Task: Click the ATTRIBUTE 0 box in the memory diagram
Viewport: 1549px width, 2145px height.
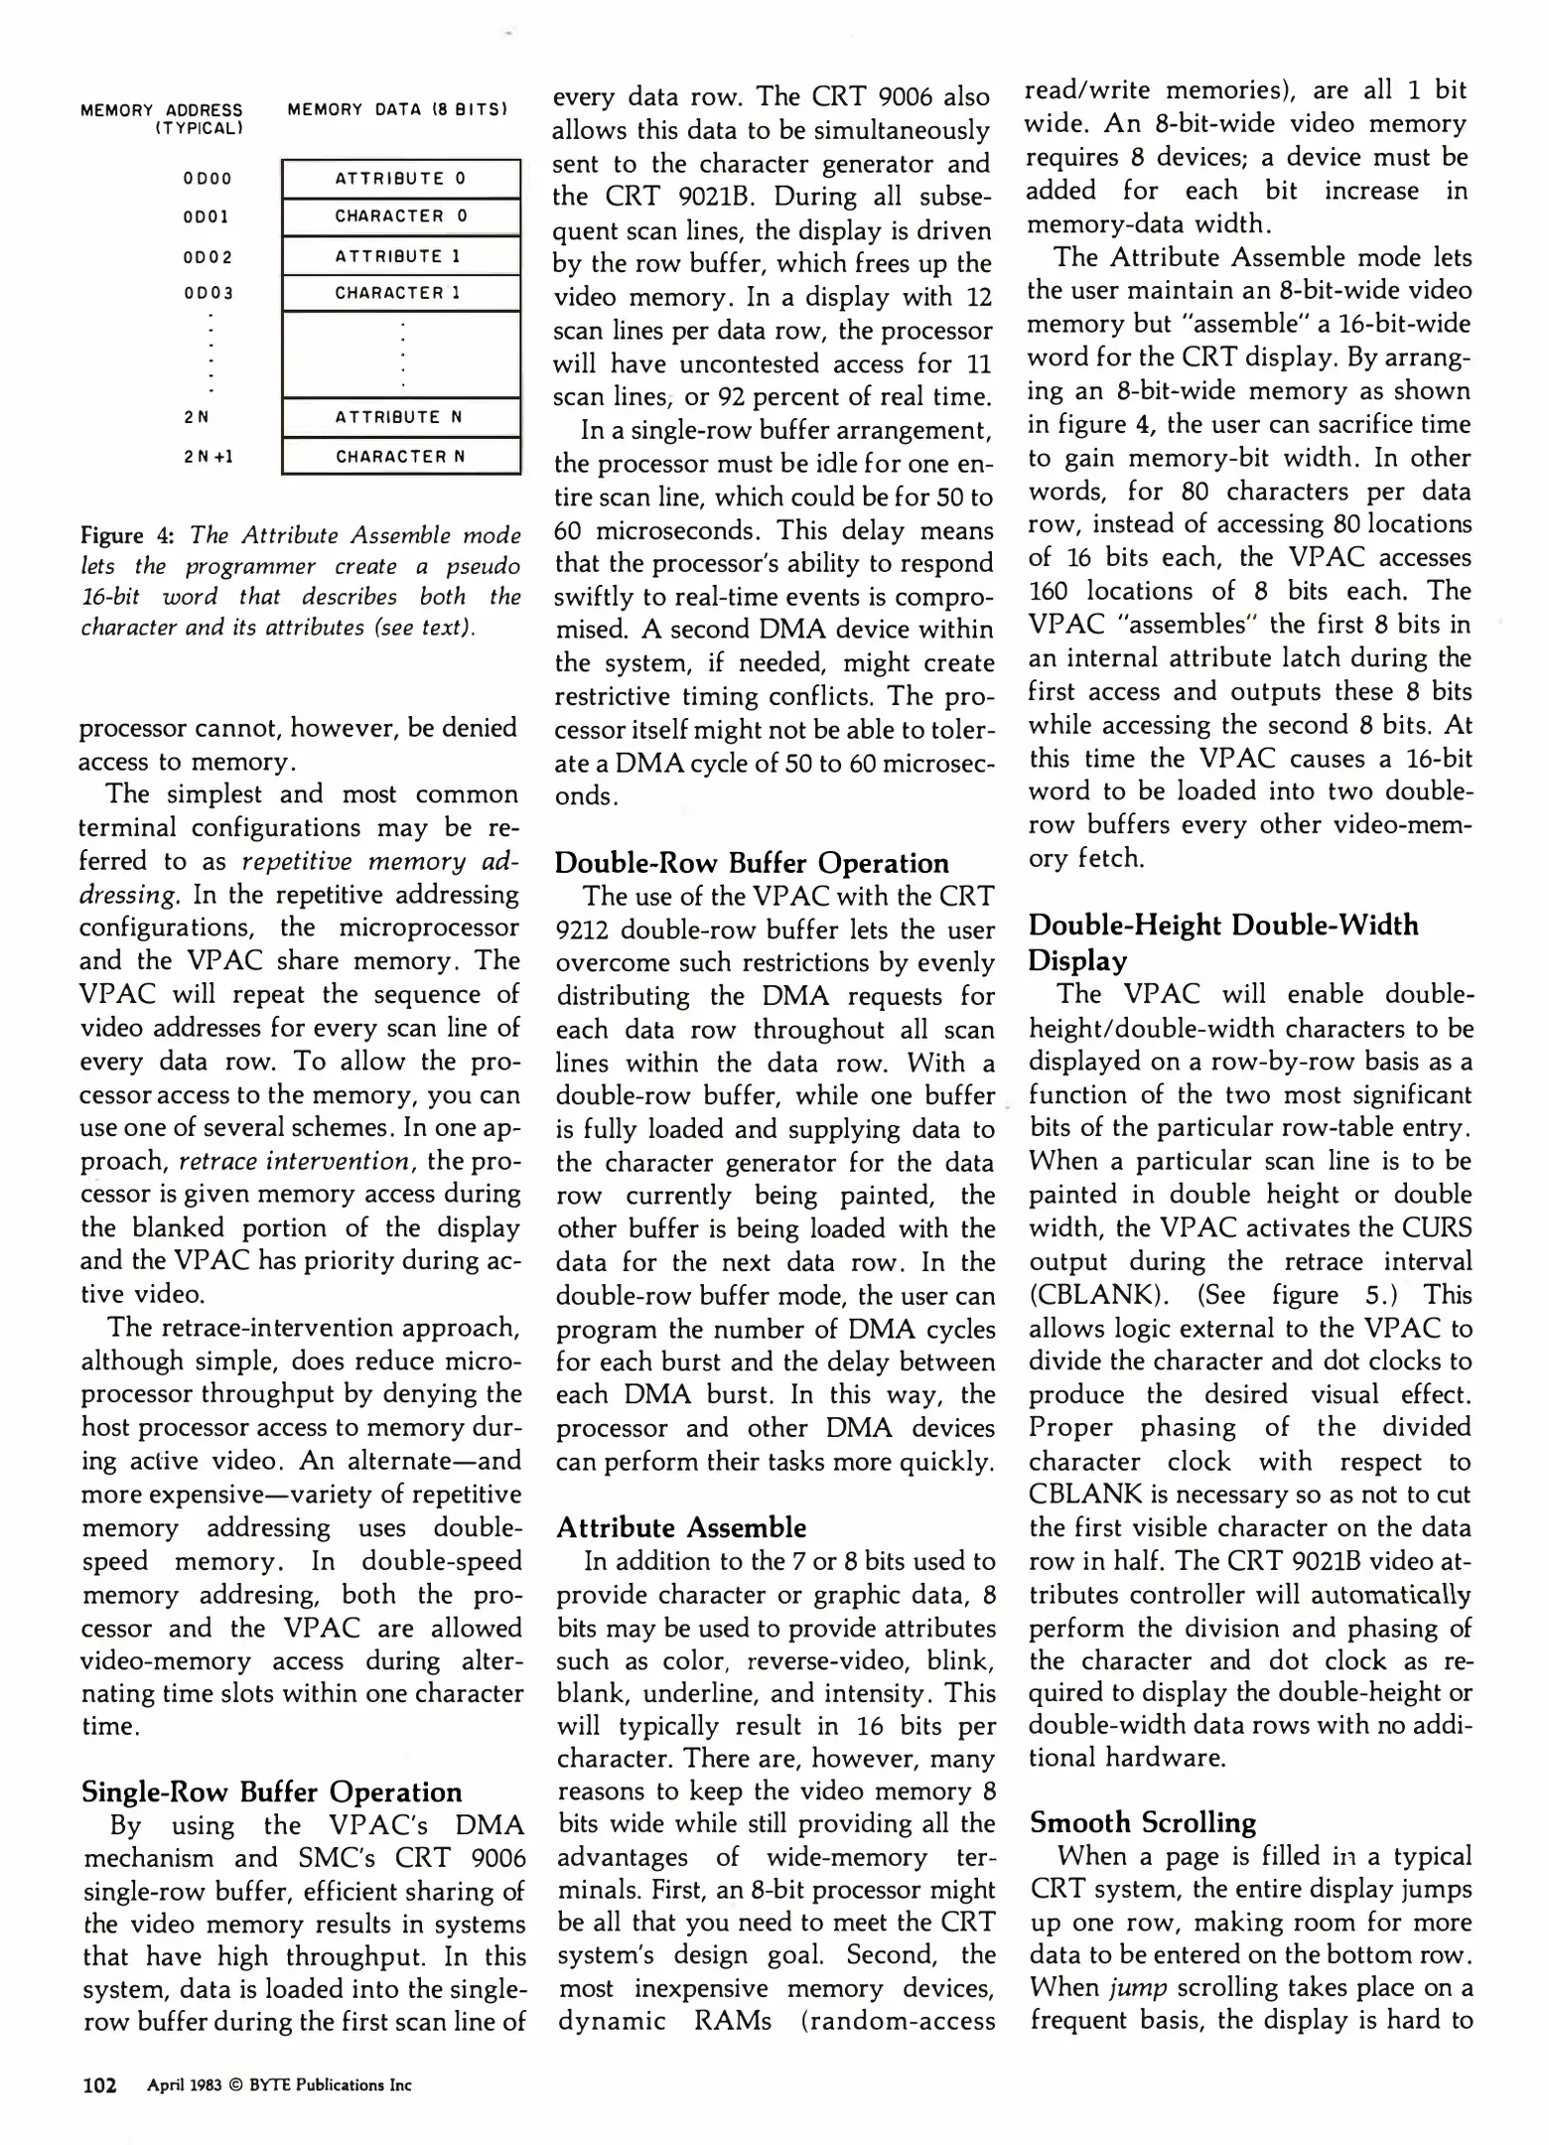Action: [400, 179]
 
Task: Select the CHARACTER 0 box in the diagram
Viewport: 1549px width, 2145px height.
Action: [400, 216]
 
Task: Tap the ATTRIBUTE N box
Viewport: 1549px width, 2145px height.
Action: [400, 417]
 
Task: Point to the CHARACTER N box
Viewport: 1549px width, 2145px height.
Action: [400, 457]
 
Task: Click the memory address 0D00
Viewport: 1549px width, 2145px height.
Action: [208, 180]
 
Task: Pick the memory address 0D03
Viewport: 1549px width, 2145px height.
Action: [208, 294]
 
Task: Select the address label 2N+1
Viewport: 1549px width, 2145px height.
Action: [208, 458]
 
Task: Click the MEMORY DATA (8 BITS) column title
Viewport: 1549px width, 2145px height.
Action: [397, 109]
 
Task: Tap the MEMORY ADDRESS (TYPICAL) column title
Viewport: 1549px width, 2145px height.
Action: [162, 118]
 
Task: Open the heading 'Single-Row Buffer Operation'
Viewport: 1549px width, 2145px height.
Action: [271, 1791]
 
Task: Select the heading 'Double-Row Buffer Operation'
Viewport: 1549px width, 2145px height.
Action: [751, 862]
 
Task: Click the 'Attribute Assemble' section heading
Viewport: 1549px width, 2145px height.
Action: [680, 1526]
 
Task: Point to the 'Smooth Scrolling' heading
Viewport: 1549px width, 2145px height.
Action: [1142, 1821]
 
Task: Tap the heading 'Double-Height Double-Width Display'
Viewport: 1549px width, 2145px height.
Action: [1223, 942]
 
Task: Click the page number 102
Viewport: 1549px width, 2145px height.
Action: [98, 2084]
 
